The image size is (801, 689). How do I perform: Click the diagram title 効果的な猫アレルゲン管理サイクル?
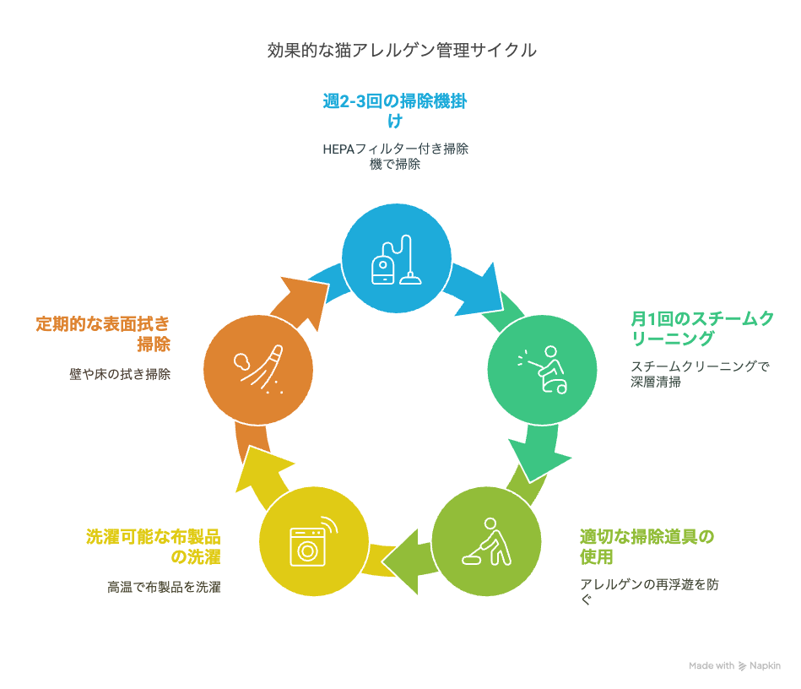click(x=402, y=50)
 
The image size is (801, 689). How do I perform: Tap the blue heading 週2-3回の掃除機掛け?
click(x=395, y=111)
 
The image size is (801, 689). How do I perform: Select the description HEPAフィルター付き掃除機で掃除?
click(x=395, y=156)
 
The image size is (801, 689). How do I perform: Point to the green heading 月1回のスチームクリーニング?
click(x=702, y=328)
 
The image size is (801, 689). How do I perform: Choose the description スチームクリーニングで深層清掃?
click(x=700, y=374)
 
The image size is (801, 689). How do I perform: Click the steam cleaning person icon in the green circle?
click(x=543, y=370)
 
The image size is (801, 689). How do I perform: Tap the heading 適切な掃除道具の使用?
click(x=647, y=546)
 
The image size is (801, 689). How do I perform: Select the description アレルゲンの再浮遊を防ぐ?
click(x=649, y=591)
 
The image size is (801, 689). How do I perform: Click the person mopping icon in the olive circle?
click(x=486, y=542)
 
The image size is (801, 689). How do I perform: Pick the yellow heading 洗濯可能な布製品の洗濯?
click(x=154, y=546)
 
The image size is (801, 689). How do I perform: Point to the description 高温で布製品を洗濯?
click(x=164, y=587)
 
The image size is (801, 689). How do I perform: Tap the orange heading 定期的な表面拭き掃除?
click(x=103, y=334)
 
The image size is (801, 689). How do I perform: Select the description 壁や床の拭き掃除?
click(x=120, y=374)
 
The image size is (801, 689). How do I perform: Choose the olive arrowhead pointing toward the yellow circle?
click(x=403, y=562)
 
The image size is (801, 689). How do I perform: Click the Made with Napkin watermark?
click(x=734, y=665)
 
